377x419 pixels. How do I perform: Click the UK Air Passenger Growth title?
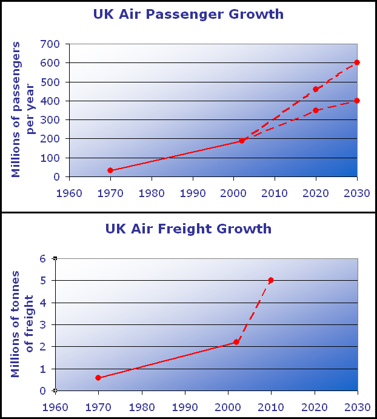(189, 14)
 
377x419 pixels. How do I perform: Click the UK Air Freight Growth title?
(189, 229)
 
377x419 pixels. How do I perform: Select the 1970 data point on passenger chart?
(110, 170)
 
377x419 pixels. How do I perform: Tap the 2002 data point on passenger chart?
(242, 141)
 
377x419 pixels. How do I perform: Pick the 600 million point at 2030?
(357, 62)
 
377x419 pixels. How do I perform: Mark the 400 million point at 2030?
(357, 101)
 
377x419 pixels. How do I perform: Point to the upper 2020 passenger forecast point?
(316, 89)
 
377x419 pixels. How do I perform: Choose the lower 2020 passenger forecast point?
(316, 110)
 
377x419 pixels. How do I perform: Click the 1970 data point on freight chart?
(98, 378)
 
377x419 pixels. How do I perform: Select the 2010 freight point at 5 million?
(271, 280)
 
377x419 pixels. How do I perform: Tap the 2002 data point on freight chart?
(236, 342)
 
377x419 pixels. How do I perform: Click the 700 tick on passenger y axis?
(50, 44)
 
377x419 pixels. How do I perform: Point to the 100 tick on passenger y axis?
(50, 158)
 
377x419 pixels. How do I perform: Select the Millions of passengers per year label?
(24, 110)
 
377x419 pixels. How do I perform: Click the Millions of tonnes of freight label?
(24, 324)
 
